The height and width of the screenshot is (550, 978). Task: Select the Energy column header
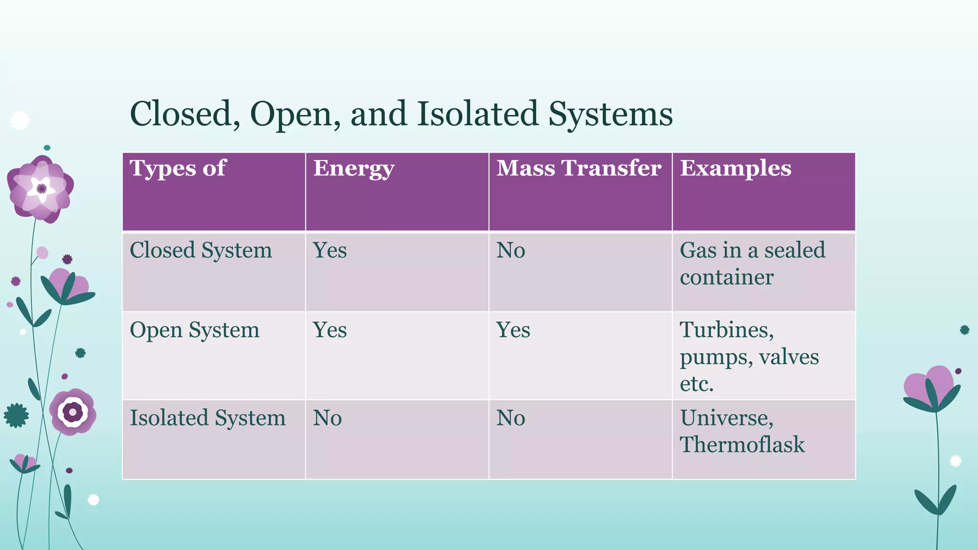coord(353,169)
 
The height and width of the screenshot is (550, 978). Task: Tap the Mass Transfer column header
coord(579,168)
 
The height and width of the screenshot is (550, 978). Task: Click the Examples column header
coord(735,168)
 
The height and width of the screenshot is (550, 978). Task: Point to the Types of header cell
coord(178,168)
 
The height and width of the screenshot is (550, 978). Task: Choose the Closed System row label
coord(201,250)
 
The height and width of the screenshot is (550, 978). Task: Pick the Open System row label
coord(194,330)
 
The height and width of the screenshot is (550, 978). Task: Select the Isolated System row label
coord(208,418)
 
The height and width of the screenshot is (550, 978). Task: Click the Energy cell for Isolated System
coord(328,418)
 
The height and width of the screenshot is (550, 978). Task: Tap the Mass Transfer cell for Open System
coord(513,330)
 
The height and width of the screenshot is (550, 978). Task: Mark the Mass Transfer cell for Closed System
coord(510,250)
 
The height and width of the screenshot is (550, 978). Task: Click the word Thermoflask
coord(742,444)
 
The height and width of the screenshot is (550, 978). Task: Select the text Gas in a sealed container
coord(752,263)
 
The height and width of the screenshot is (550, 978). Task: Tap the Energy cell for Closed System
coord(330,250)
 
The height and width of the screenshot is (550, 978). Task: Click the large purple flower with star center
coord(41,189)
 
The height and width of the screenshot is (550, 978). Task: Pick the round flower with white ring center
coord(73,412)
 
